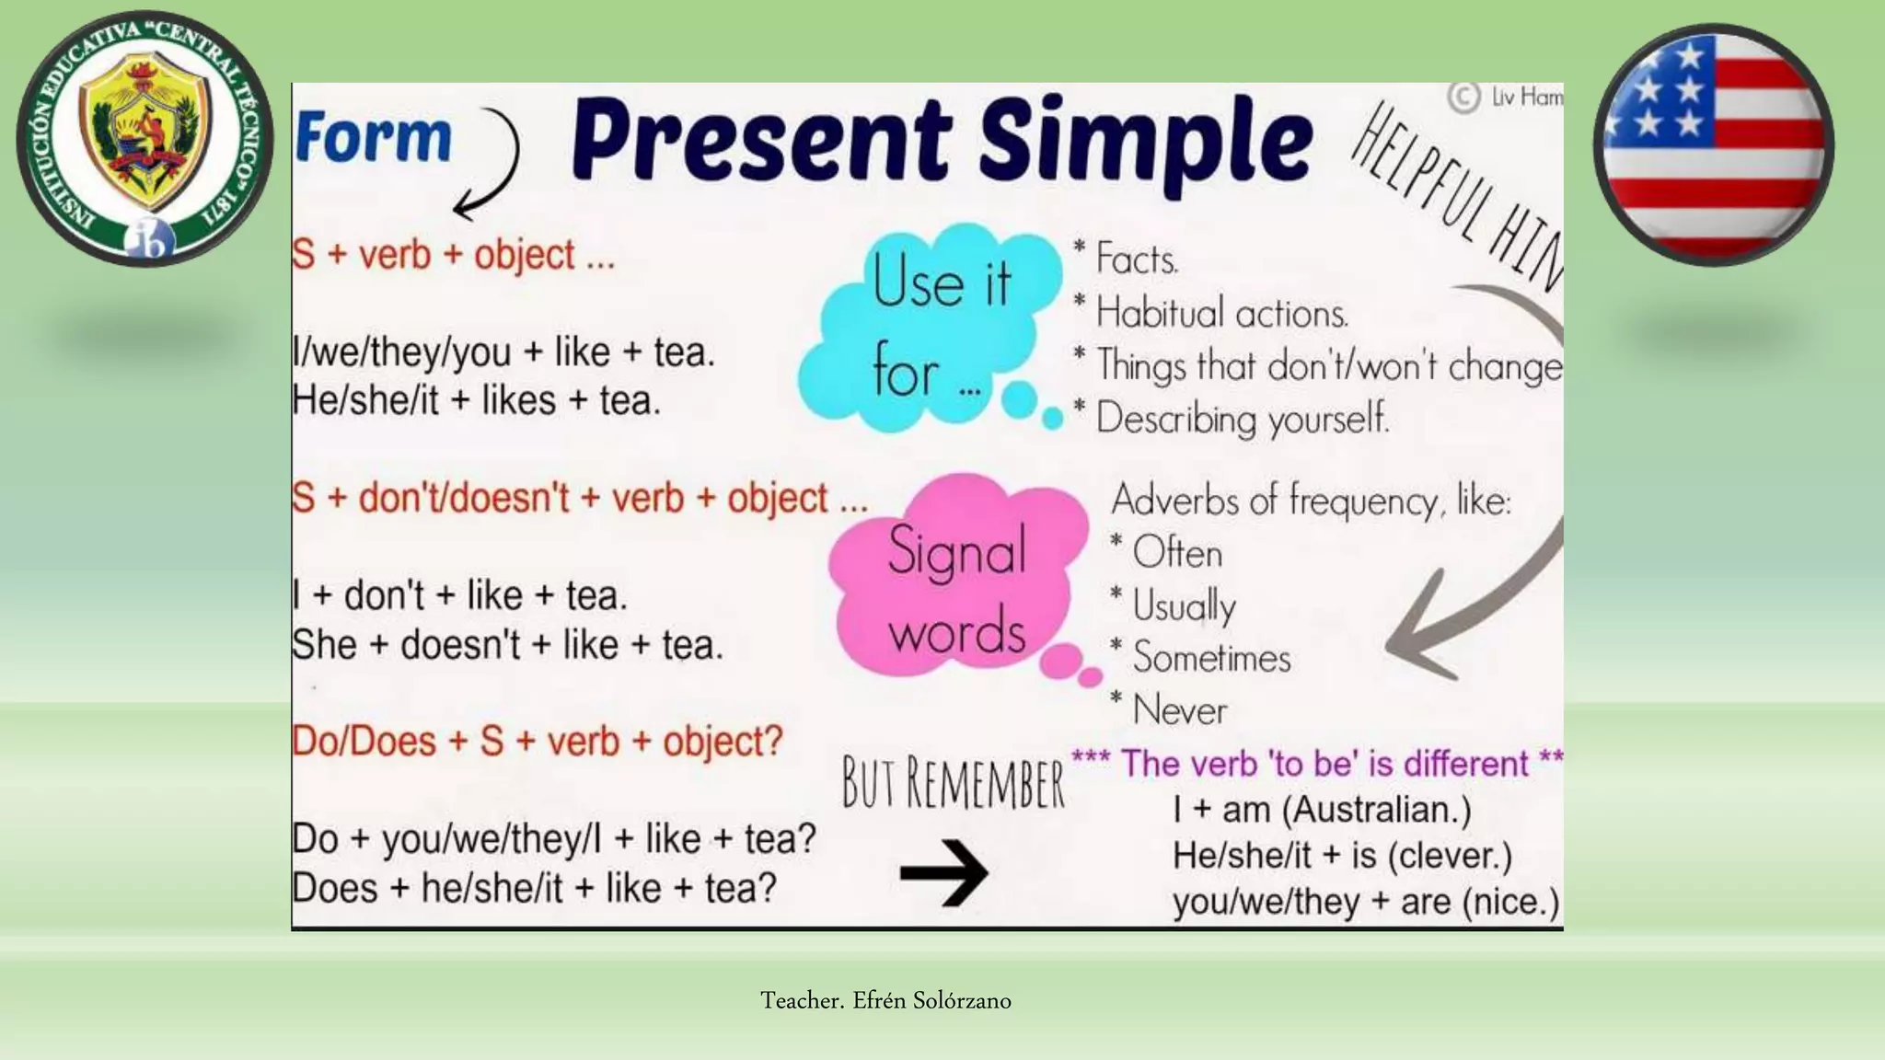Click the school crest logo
(x=145, y=139)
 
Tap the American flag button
(x=1713, y=145)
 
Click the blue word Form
(x=374, y=138)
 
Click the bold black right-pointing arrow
(x=943, y=872)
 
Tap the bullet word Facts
(x=1137, y=259)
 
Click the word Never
(x=1180, y=710)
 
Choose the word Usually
(x=1184, y=606)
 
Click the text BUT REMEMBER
(x=954, y=784)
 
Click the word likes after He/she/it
(x=519, y=401)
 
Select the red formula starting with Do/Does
(x=538, y=742)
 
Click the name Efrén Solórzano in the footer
(x=931, y=1000)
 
